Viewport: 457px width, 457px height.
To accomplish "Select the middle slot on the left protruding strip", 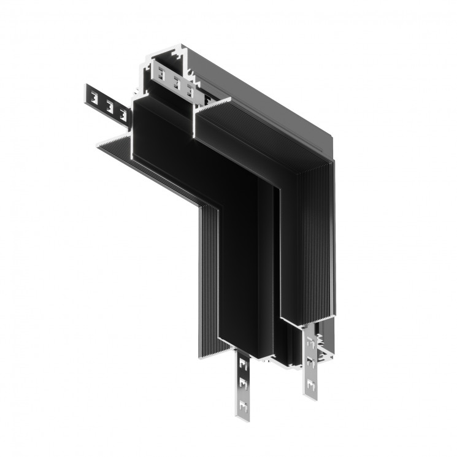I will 109,105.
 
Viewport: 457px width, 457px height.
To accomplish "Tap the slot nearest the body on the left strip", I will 123,113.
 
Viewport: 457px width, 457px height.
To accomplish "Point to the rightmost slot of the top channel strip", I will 191,91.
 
